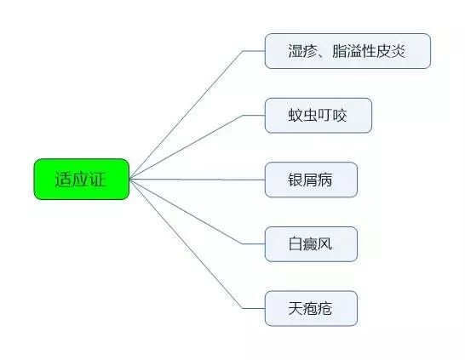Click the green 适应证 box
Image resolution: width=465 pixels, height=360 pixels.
tap(82, 179)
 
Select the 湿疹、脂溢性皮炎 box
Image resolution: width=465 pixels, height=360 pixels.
tap(347, 51)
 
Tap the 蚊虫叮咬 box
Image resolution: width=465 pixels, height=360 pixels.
tap(319, 115)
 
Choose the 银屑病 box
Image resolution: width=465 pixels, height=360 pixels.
tap(311, 180)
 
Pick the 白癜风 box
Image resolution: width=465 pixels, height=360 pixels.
tap(311, 244)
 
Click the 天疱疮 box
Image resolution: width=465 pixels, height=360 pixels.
tap(311, 308)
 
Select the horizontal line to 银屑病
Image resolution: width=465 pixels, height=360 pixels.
tap(198, 180)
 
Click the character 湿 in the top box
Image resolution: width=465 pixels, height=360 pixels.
tap(295, 51)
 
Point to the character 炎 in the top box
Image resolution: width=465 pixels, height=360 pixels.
tap(398, 51)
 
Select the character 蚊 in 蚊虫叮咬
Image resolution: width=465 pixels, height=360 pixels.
tap(295, 115)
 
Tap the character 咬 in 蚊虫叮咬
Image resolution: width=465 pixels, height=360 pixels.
tap(339, 115)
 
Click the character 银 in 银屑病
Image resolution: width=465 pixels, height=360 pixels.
tap(295, 180)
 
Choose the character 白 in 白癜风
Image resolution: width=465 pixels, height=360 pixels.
tap(295, 244)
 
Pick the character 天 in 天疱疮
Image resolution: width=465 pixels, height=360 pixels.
tap(295, 308)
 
